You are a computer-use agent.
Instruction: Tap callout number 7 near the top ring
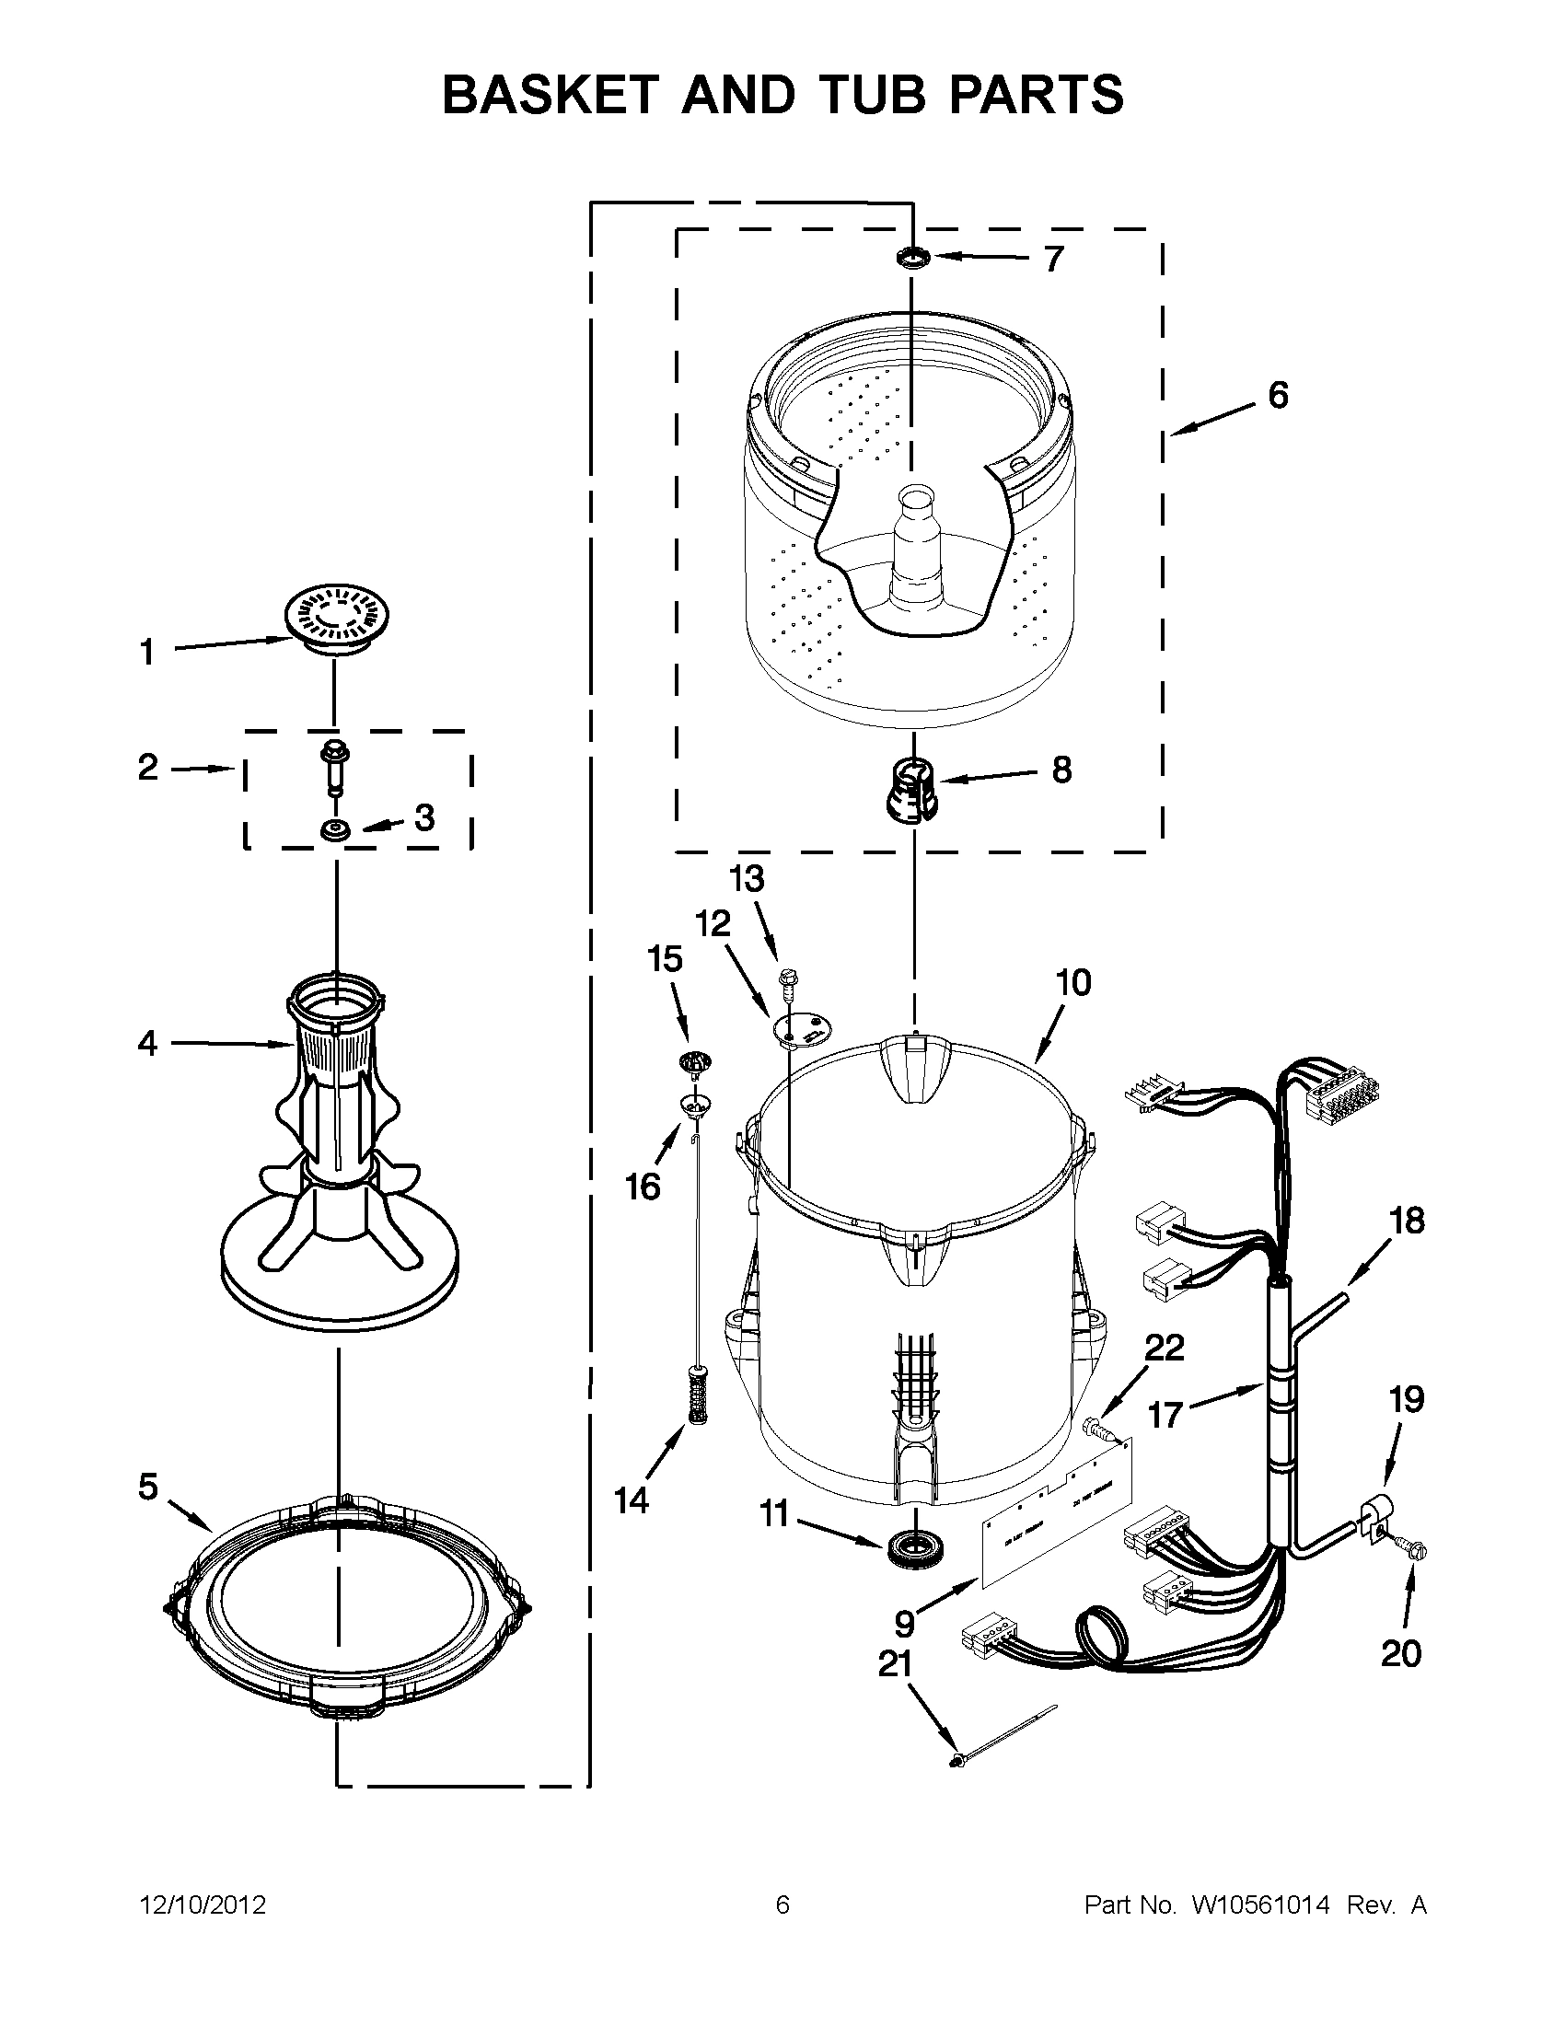1053,260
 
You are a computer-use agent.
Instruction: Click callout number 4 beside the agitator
147,1044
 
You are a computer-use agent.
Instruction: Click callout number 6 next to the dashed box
1278,395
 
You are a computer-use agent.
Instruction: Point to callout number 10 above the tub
1073,982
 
